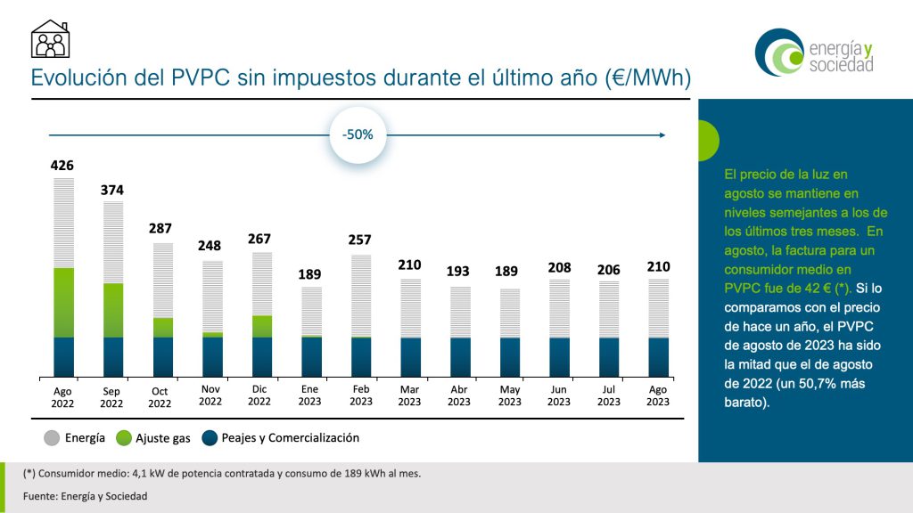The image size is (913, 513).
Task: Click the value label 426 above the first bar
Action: click(62, 166)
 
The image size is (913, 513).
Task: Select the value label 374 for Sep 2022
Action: click(112, 190)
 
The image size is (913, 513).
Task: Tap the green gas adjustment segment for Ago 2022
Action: click(64, 302)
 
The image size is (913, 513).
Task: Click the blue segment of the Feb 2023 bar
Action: click(360, 356)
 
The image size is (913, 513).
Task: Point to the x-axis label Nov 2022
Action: click(210, 395)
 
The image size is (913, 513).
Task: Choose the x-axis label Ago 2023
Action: click(658, 395)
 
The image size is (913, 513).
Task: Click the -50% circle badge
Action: click(358, 135)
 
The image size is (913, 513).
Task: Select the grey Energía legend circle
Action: click(51, 438)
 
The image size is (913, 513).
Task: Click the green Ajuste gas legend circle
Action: click(124, 438)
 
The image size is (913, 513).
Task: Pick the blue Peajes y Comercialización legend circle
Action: click(210, 438)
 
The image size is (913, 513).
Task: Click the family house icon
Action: click(50, 39)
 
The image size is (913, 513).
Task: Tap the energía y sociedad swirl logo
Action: click(776, 52)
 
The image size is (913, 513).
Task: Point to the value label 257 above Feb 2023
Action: click(360, 240)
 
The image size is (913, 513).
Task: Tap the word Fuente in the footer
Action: click(40, 496)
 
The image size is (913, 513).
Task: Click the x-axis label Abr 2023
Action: click(459, 395)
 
